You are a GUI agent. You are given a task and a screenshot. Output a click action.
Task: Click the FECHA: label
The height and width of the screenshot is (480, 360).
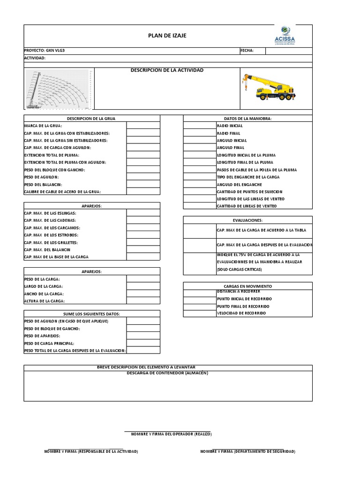click(x=247, y=51)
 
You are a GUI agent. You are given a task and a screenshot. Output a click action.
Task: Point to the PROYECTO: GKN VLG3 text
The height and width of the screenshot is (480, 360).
click(x=42, y=51)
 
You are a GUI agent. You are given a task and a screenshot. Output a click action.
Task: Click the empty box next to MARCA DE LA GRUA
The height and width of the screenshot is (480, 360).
click(x=143, y=126)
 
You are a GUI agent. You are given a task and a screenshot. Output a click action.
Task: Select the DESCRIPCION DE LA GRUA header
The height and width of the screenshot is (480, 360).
click(x=91, y=119)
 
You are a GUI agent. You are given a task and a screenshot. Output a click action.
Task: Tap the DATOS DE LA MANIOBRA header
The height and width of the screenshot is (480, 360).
click(x=247, y=119)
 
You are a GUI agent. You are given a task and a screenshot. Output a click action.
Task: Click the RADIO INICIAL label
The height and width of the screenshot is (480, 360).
click(x=230, y=126)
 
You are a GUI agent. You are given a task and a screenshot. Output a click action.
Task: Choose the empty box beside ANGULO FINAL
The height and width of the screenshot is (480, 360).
click(x=199, y=148)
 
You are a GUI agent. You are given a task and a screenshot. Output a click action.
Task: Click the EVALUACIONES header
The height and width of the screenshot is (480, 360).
click(x=247, y=220)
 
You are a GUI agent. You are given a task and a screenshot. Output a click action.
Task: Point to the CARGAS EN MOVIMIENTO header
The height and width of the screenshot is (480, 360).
click(x=247, y=286)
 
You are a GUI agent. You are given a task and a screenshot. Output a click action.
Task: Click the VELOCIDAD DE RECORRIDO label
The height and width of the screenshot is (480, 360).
click(x=241, y=313)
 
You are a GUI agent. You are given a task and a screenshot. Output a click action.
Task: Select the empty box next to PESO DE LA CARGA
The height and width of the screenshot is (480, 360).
click(x=143, y=279)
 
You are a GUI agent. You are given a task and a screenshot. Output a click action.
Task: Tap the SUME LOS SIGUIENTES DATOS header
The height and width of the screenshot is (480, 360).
click(x=91, y=314)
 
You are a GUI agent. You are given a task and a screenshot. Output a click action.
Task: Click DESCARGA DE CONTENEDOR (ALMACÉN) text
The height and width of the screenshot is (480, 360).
click(x=168, y=373)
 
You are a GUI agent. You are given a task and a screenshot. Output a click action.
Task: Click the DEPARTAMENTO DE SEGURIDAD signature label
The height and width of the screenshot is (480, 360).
click(x=248, y=451)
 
